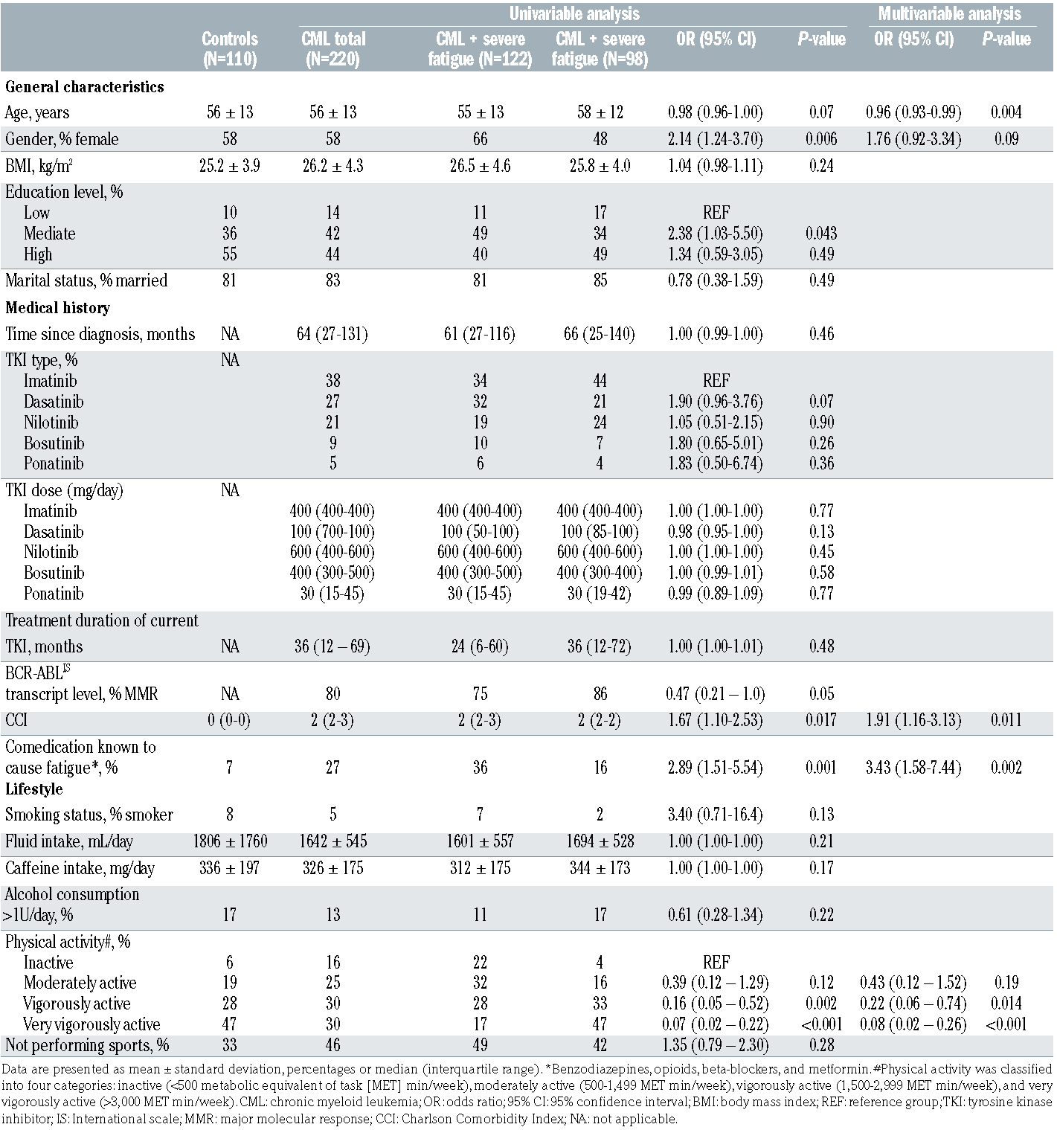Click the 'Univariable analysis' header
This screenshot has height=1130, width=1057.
[574, 14]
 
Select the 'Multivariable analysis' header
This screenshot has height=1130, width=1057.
[949, 14]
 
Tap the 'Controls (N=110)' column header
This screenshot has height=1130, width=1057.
[230, 49]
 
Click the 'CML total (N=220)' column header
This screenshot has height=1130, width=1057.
[333, 49]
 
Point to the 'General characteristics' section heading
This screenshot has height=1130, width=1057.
[85, 86]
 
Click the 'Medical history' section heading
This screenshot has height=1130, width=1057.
[57, 307]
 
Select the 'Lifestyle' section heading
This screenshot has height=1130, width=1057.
[34, 789]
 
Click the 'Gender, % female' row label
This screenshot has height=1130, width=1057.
[62, 139]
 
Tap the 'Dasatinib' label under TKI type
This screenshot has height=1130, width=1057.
[54, 402]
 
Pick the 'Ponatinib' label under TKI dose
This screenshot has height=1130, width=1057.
[54, 594]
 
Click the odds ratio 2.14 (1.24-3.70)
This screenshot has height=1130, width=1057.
[716, 139]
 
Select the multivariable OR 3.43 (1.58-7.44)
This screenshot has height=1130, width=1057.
[913, 767]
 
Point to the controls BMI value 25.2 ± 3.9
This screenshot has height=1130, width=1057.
[230, 165]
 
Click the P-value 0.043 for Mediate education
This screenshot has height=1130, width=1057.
[821, 234]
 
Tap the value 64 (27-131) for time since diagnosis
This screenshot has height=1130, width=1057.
[332, 334]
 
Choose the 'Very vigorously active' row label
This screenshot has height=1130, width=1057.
[91, 1024]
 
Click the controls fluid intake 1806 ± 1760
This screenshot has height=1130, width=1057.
[230, 841]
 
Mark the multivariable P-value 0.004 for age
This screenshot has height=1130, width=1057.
[1006, 112]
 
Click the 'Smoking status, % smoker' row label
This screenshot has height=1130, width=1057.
[89, 815]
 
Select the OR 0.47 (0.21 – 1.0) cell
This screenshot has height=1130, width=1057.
[716, 694]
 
